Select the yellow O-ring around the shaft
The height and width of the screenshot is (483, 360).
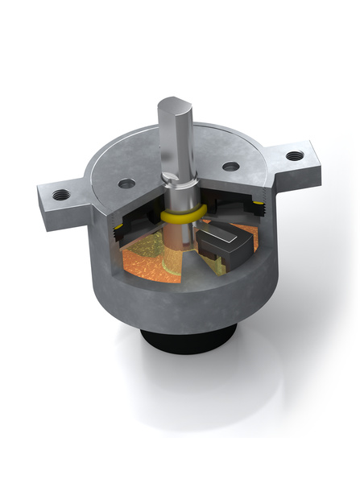(x=178, y=217)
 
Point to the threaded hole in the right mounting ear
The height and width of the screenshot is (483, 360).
(x=296, y=155)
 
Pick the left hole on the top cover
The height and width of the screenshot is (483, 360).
(x=126, y=184)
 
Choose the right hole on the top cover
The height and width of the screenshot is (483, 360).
(x=230, y=167)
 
